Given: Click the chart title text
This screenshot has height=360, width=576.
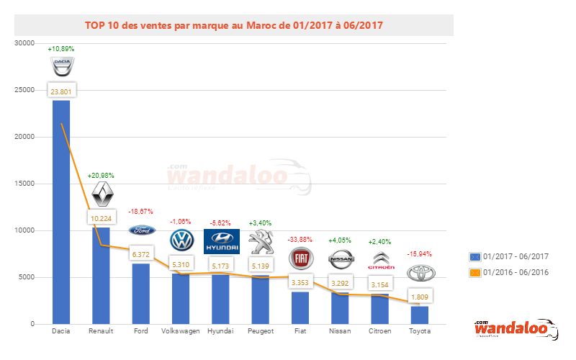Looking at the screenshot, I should point(234,24).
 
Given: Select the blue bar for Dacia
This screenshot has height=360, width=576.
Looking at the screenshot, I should point(61,216).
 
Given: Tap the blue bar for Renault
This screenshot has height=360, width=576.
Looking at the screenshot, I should point(101,281).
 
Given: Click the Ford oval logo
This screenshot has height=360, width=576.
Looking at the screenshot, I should point(141,230).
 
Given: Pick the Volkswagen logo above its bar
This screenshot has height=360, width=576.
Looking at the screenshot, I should point(181,239).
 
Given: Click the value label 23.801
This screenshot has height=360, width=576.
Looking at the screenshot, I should point(61,91).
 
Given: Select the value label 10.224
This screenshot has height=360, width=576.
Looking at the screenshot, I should point(101,219).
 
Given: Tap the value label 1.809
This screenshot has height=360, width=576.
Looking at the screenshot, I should point(420,296).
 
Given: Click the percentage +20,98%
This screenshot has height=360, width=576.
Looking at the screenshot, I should point(102,176).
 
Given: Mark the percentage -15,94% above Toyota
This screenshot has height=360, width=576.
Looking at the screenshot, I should point(420,253).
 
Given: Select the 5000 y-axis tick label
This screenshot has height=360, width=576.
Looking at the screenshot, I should point(27,277).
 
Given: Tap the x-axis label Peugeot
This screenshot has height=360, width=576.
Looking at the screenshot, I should point(261,332).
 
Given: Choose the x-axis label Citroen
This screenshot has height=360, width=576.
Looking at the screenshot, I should point(380,332).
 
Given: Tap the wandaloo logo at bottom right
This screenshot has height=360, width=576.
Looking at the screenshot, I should point(516,329).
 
